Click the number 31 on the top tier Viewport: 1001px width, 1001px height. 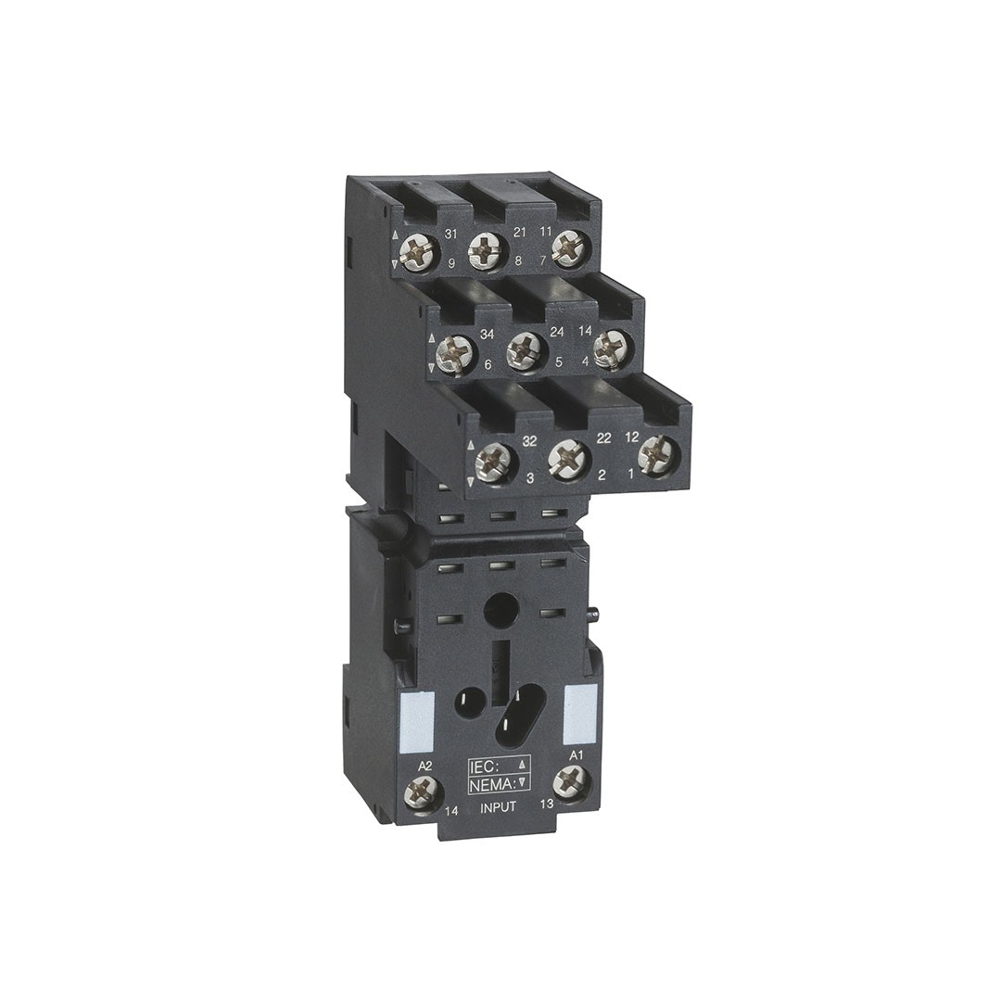pos(450,234)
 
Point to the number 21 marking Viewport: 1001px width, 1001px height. pos(520,233)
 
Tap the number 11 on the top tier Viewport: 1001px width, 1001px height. pos(545,233)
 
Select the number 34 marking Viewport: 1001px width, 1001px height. pos(488,336)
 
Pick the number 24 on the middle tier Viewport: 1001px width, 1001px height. pos(557,331)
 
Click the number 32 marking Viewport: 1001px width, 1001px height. pos(528,440)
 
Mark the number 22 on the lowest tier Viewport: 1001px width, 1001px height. pos(604,437)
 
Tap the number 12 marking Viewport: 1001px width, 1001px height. pos(631,437)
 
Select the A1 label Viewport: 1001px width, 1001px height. pos(577,756)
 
